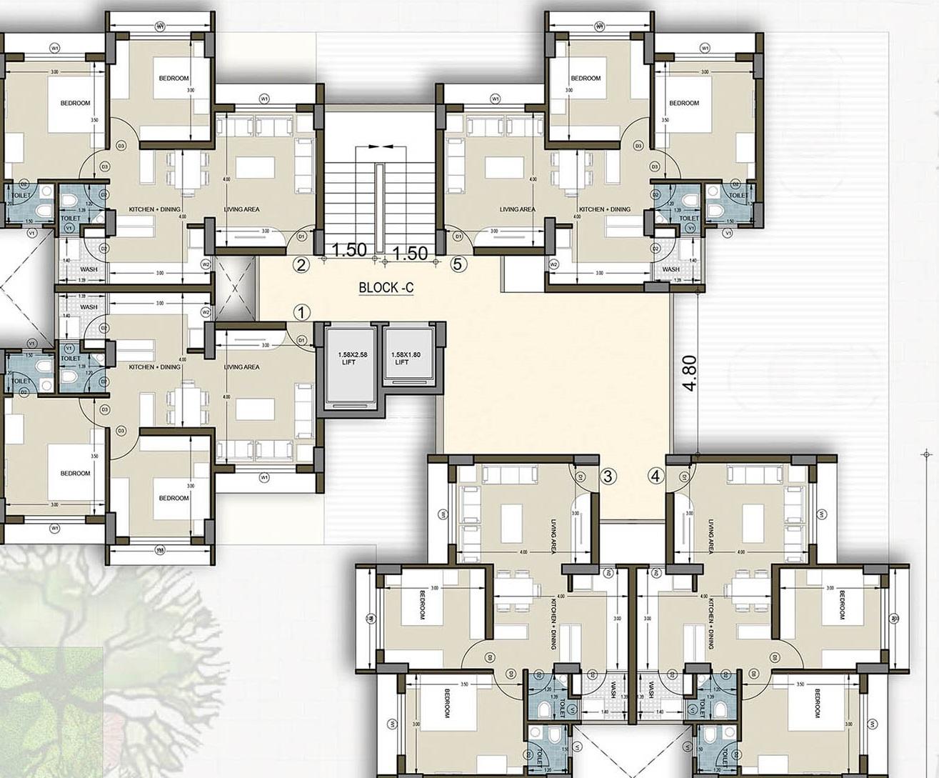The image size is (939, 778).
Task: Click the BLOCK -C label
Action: click(x=386, y=288)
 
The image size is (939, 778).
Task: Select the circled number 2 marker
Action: click(x=301, y=265)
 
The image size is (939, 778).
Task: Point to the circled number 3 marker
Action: click(x=608, y=477)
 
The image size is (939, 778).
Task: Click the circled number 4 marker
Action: click(x=656, y=476)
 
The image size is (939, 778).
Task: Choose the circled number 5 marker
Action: click(x=458, y=264)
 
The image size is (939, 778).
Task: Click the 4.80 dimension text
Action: click(x=689, y=373)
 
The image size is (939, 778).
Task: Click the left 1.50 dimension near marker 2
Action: click(x=350, y=251)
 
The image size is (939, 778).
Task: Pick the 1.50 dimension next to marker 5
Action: click(x=411, y=253)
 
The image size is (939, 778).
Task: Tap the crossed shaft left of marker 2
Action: click(x=236, y=287)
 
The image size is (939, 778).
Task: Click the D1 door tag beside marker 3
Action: click(x=581, y=477)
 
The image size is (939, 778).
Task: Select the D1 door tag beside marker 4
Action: click(x=681, y=477)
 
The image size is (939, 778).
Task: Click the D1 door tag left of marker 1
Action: click(x=301, y=340)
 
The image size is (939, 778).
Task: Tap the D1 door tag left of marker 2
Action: click(x=301, y=235)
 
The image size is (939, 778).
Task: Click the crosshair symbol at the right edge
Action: click(x=927, y=454)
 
